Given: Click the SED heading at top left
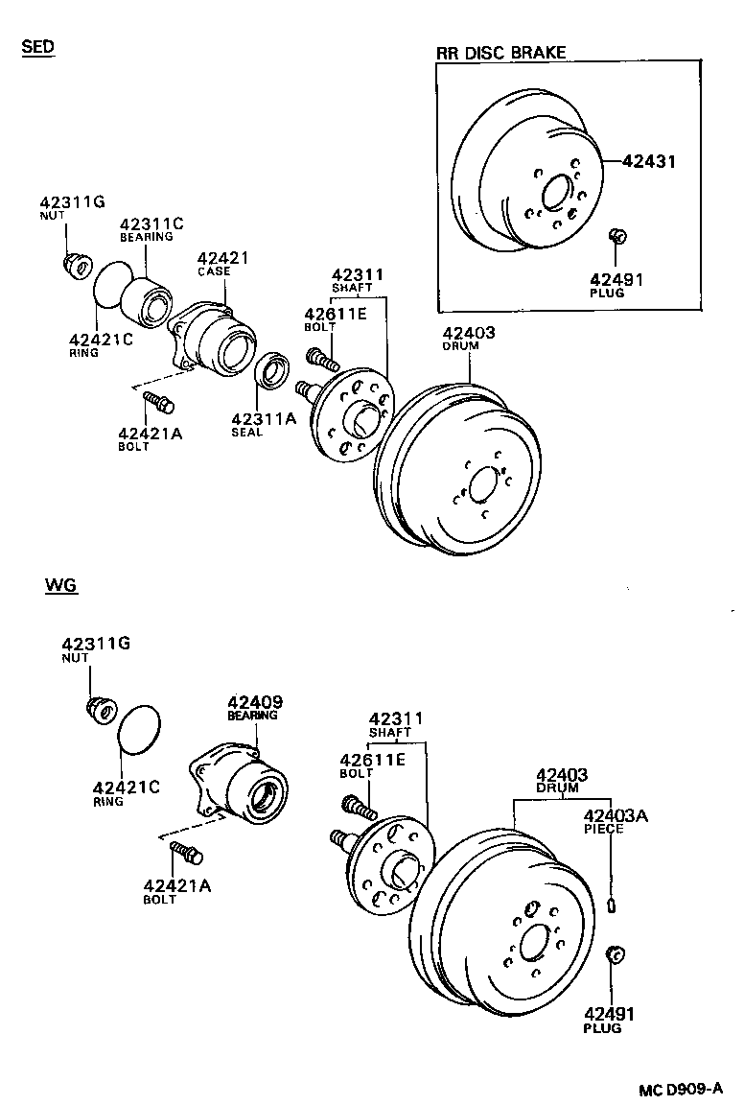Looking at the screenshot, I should coord(37,47).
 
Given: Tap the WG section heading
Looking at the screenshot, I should coord(59,584).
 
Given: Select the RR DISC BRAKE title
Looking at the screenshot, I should coord(501,53).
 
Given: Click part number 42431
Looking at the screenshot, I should coord(649,162).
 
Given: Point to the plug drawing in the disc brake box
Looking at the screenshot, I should coord(618,236).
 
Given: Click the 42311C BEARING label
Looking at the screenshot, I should coord(150,230).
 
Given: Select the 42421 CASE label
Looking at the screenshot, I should coord(222,264).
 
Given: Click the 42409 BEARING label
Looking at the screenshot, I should coord(254,708).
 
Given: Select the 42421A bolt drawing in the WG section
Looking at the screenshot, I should coord(183,851).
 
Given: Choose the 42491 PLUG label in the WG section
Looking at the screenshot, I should coord(609,1020).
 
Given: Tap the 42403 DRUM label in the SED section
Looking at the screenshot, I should coord(468,339).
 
